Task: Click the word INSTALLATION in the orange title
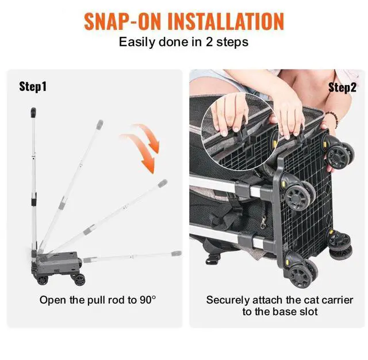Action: (226, 21)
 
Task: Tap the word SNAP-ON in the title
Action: (122, 21)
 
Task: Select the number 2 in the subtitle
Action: (209, 42)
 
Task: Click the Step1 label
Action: (33, 87)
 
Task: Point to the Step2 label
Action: (342, 87)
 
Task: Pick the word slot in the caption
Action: (309, 312)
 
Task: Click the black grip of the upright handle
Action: (33, 112)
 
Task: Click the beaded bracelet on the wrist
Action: (333, 118)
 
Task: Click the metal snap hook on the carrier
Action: (263, 223)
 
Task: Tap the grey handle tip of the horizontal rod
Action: (177, 254)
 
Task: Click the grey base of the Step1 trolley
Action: (56, 263)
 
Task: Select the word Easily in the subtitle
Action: (137, 43)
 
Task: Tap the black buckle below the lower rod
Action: (213, 259)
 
